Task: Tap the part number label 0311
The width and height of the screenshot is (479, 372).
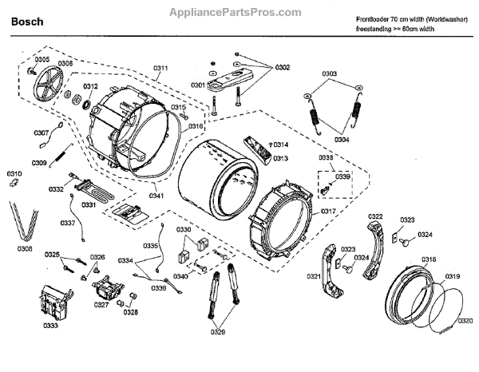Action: tap(160, 69)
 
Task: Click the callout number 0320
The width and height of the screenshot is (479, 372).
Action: tap(464, 321)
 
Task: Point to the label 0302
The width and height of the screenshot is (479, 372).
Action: tap(283, 68)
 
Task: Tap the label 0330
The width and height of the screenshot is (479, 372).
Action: tap(184, 229)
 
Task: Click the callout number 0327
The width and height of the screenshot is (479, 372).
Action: tap(101, 305)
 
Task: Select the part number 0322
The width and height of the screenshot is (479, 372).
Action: tap(376, 216)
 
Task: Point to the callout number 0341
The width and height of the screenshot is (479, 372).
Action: tap(156, 194)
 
